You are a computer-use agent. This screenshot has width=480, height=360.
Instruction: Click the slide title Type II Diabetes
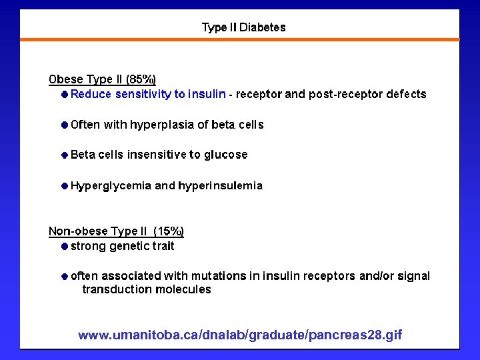point(243,28)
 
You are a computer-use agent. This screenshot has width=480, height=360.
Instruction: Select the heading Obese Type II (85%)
point(102,79)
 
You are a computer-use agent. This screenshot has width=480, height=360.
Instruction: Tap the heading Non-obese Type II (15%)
point(116,231)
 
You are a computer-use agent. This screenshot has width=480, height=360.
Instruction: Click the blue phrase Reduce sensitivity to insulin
point(148,94)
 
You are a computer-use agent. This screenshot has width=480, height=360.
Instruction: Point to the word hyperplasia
point(161,125)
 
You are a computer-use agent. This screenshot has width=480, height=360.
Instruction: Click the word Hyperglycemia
point(111,185)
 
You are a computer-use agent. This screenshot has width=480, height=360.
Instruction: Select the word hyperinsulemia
point(220,185)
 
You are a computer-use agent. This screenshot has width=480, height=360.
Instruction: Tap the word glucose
point(225,155)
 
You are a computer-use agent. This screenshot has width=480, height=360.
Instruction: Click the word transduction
point(117,289)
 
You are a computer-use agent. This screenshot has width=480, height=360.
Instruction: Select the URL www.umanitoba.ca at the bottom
point(240,335)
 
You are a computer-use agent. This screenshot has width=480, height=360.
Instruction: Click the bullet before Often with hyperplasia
point(64,125)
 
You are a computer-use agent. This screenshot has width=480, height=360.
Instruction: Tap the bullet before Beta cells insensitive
point(64,155)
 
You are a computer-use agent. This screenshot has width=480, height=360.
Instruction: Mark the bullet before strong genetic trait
point(64,246)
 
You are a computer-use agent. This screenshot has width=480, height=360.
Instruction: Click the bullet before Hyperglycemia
point(64,185)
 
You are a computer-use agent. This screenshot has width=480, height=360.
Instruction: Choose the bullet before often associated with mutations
point(64,275)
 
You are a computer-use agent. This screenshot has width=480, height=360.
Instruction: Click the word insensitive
point(157,155)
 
